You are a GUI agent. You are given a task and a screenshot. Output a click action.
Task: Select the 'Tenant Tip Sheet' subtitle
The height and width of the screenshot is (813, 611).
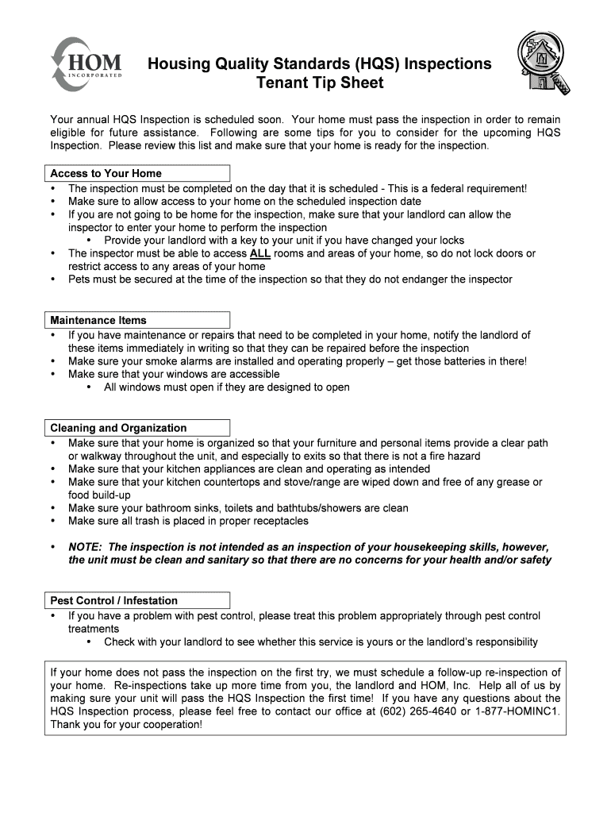pos(319,83)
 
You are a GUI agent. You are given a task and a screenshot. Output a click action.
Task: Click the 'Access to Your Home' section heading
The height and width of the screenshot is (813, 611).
pos(106,173)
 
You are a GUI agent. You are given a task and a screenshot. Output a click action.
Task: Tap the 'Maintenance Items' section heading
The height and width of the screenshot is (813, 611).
pos(98,320)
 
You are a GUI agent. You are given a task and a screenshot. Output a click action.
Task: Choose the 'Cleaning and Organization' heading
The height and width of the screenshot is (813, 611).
pos(118,428)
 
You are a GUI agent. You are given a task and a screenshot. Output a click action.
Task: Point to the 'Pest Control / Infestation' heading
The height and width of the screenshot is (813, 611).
pos(113,600)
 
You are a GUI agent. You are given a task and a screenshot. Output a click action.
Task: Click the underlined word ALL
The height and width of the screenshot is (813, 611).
pos(259,254)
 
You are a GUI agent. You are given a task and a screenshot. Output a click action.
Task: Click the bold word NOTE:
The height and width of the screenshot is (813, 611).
pos(85,548)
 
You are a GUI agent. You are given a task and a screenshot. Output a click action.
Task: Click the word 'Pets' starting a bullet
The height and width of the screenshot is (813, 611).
pos(81,279)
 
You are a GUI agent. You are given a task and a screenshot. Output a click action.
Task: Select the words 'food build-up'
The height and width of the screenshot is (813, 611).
pos(99,495)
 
